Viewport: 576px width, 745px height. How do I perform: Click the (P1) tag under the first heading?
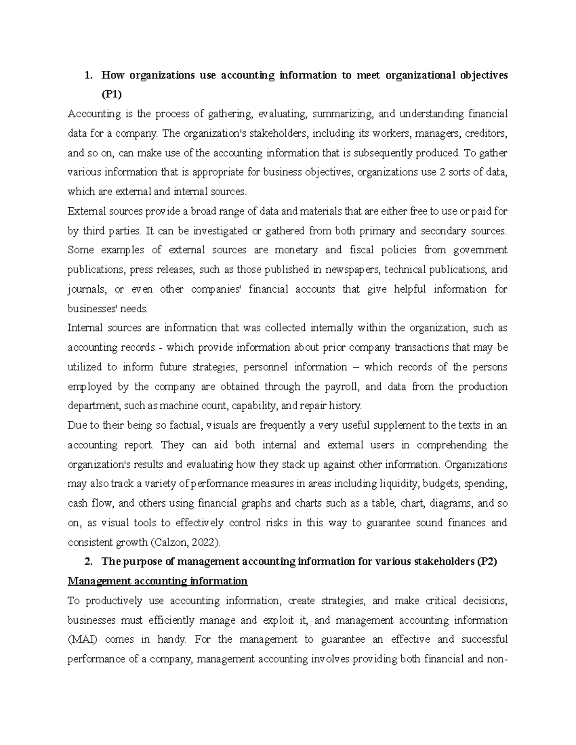coord(111,95)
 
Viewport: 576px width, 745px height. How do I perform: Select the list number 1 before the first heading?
coord(87,75)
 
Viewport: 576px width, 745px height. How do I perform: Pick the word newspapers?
coord(353,270)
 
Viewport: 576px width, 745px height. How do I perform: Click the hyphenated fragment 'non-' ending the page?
coord(497,659)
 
